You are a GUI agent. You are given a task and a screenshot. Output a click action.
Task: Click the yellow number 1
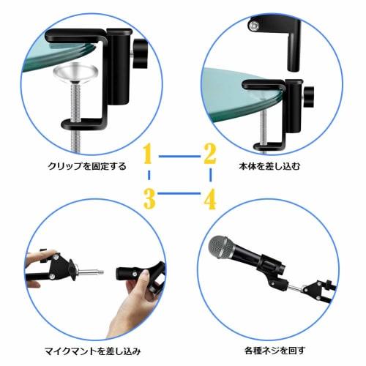pyautogui.click(x=148, y=155)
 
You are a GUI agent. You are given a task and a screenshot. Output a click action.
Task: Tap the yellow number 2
pyautogui.click(x=210, y=155)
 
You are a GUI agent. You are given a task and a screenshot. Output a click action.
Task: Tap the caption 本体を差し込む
pyautogui.click(x=274, y=166)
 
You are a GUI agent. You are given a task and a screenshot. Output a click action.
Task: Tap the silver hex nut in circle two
pyautogui.click(x=253, y=26)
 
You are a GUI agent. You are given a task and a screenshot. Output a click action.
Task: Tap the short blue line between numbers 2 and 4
pyautogui.click(x=211, y=176)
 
